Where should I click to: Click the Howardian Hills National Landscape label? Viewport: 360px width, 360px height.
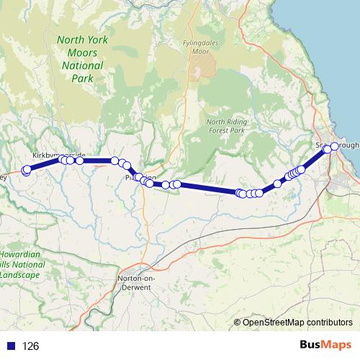pyautogui.click(x=19, y=265)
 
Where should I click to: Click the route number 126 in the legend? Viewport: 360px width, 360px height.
pyautogui.click(x=31, y=346)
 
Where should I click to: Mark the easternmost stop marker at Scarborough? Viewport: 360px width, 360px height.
pyautogui.click(x=335, y=146)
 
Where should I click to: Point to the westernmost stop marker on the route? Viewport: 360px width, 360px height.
pyautogui.click(x=26, y=171)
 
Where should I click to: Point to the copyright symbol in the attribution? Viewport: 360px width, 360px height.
pyautogui.click(x=238, y=322)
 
